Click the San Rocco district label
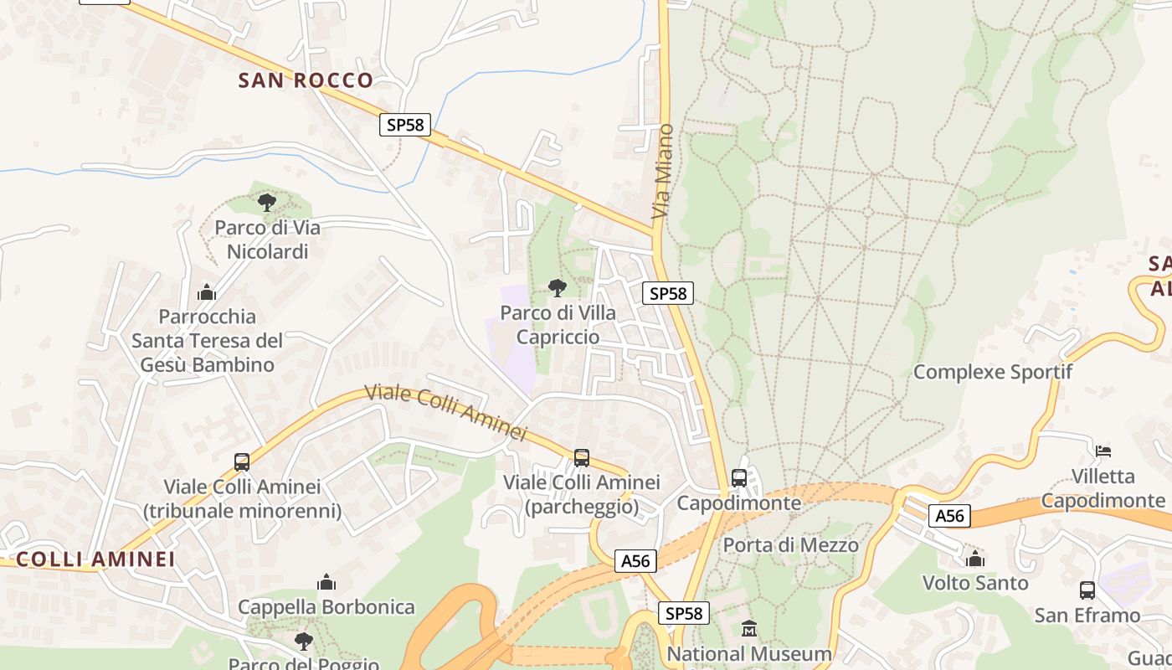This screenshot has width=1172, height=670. (306, 80)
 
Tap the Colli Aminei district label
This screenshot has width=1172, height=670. (95, 559)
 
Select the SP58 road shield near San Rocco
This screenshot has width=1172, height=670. (405, 125)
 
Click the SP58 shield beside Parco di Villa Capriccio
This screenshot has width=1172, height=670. (668, 293)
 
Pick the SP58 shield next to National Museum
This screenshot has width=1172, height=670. (683, 613)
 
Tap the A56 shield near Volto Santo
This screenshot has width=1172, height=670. (949, 516)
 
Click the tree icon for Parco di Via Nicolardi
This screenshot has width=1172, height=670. (267, 202)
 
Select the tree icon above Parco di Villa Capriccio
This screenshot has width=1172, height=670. (557, 288)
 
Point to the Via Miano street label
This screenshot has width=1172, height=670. (662, 172)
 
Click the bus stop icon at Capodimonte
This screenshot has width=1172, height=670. (739, 478)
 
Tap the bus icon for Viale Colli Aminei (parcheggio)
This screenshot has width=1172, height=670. (582, 458)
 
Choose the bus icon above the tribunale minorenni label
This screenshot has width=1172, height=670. (242, 461)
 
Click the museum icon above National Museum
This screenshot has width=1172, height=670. (749, 628)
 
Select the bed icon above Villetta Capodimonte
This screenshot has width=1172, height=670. (1103, 451)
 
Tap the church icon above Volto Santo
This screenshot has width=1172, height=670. (975, 559)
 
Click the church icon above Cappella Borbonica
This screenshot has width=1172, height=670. (326, 582)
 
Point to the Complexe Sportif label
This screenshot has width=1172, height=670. (992, 372)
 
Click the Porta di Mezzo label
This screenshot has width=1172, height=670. (790, 545)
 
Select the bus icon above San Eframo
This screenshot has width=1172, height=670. (1087, 590)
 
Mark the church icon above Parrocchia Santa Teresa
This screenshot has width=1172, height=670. (207, 292)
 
